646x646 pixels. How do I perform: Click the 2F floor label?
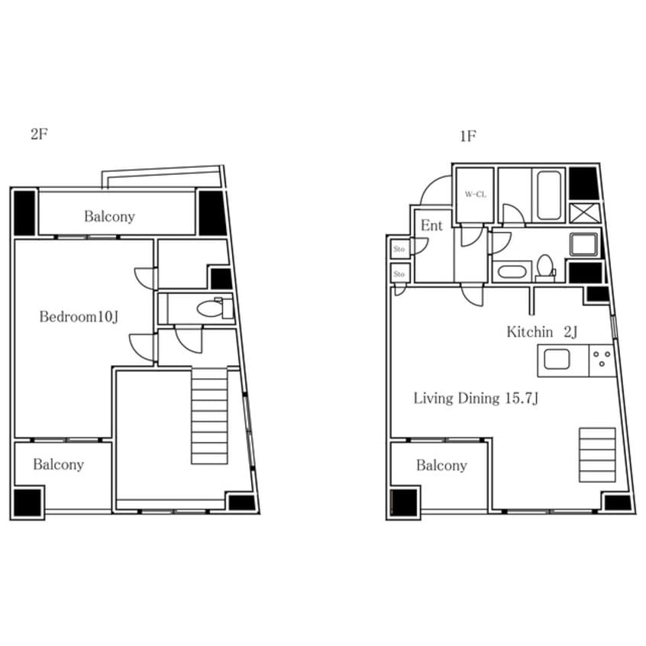tap(39, 134)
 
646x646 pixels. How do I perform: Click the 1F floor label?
tap(468, 137)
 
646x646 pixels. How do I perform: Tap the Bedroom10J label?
tap(79, 317)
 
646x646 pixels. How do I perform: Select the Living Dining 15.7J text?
tap(476, 399)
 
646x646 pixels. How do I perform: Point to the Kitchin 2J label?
tap(541, 331)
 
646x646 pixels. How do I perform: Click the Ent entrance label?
tap(431, 225)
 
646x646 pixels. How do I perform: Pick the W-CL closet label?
tap(476, 195)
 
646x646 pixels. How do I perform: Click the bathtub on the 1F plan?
tap(549, 195)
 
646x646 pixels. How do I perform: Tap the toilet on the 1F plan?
tap(545, 267)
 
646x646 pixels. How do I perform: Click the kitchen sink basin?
tap(557, 359)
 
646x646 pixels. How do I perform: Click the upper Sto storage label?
tap(399, 249)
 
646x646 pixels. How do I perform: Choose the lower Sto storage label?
tap(399, 274)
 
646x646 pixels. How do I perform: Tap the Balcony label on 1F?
tap(441, 466)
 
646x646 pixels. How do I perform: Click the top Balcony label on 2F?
tap(110, 216)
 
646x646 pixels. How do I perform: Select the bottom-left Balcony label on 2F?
tap(59, 465)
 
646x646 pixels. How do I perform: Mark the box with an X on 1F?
tap(585, 213)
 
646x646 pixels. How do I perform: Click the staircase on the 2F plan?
tap(209, 416)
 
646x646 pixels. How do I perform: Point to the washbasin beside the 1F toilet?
tap(512, 272)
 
